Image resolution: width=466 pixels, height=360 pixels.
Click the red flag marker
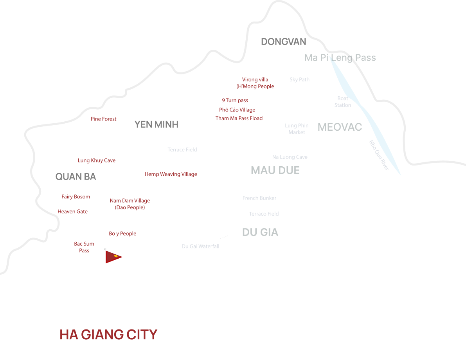112,257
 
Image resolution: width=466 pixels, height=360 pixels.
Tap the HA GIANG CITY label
108,335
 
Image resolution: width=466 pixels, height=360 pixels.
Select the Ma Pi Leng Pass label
340,58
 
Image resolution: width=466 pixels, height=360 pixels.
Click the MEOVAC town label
340,127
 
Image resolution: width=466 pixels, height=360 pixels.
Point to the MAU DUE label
275,171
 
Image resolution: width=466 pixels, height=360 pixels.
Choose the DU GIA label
260,232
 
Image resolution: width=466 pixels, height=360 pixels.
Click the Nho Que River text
379,155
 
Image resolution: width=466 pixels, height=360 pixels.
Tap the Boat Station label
343,102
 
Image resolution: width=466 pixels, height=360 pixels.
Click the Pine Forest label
103,119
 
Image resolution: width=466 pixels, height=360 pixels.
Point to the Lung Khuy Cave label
97,160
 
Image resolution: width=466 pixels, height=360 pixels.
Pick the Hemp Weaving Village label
171,174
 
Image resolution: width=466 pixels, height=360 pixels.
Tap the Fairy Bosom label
76,197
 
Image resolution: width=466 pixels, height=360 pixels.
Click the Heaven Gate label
72,212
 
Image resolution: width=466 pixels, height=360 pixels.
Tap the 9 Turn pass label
235,101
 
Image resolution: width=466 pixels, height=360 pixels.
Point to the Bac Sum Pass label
84,247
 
